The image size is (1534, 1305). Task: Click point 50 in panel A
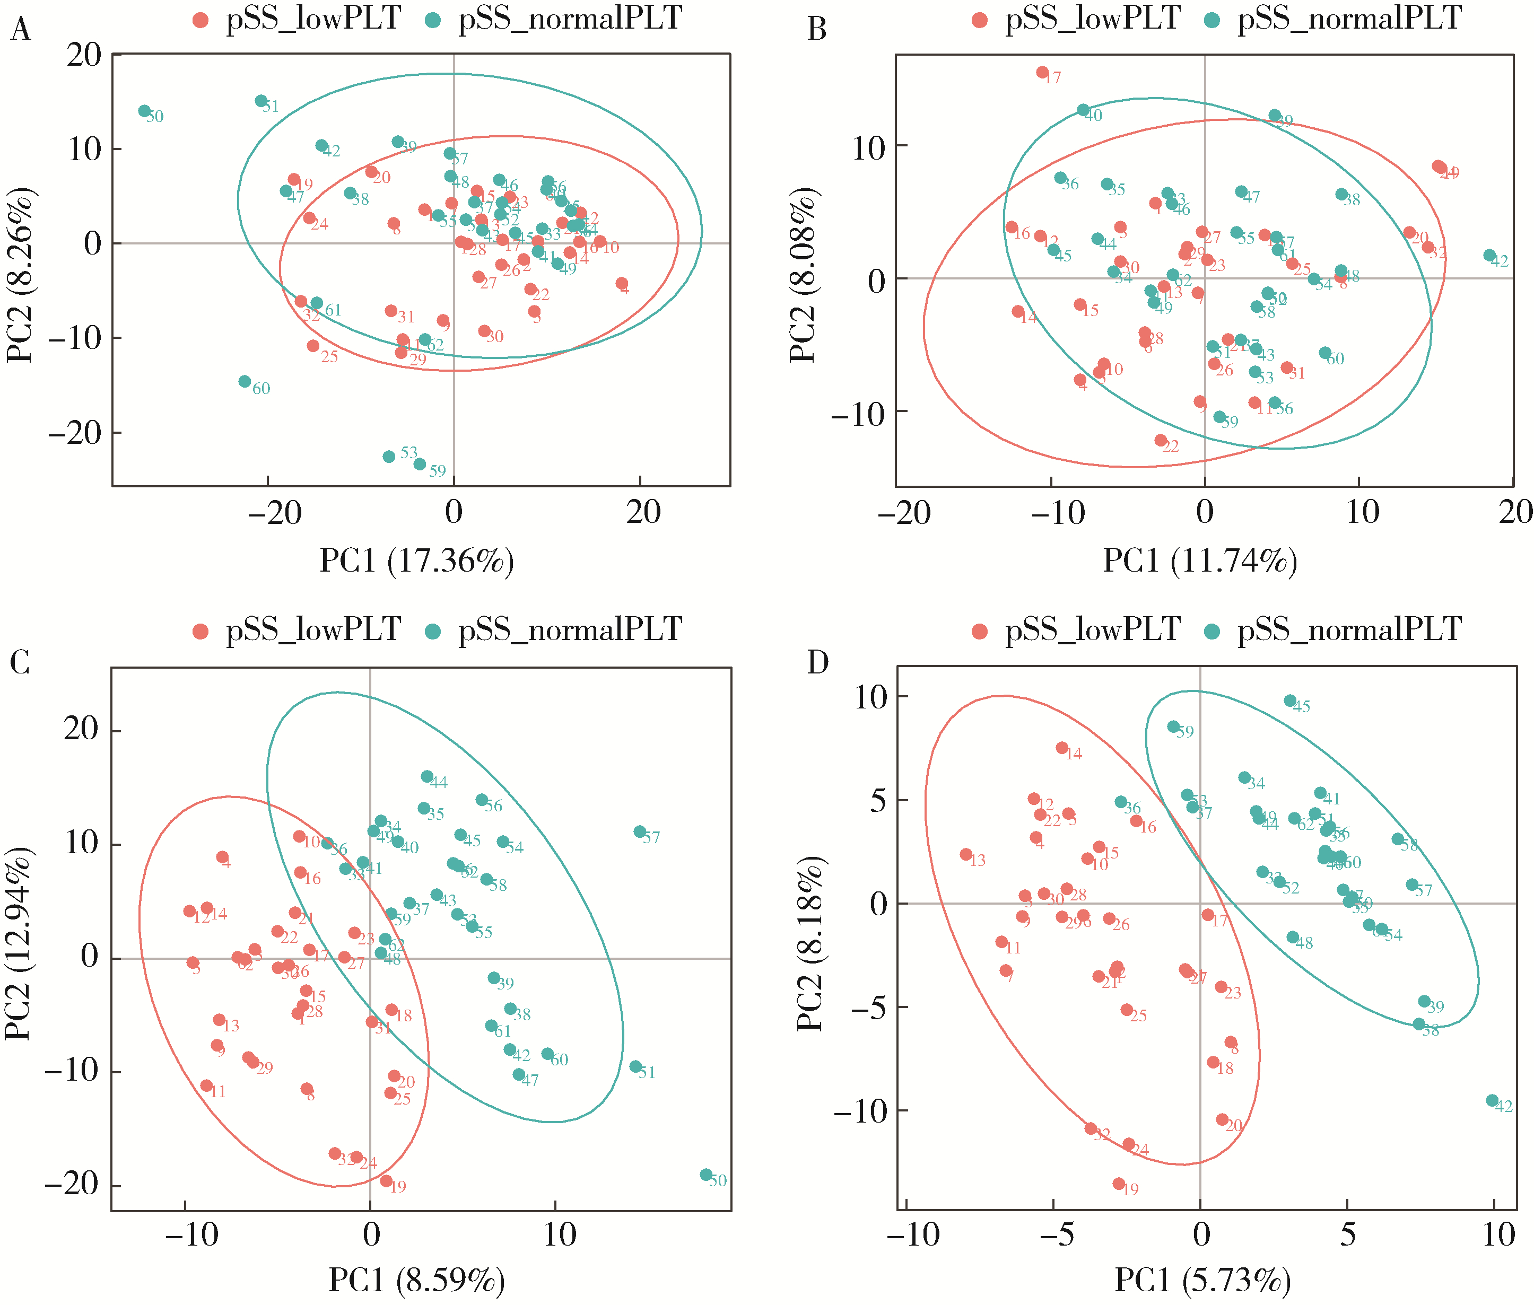pyautogui.click(x=144, y=111)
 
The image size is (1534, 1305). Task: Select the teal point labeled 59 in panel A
pyautogui.click(x=420, y=464)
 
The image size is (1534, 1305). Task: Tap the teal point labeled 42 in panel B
pyautogui.click(x=1489, y=255)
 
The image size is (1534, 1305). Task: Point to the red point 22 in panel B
pyautogui.click(x=1160, y=440)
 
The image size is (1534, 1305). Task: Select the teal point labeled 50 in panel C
pyautogui.click(x=706, y=1175)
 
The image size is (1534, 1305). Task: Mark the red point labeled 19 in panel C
pyautogui.click(x=386, y=1181)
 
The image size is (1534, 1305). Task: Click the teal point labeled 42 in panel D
pyautogui.click(x=1492, y=1101)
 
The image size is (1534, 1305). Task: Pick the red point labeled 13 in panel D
pyautogui.click(x=966, y=854)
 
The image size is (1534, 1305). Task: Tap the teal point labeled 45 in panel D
pyautogui.click(x=1290, y=700)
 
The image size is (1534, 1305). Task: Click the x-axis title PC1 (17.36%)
pyautogui.click(x=416, y=561)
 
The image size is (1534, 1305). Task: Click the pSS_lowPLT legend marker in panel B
pyautogui.click(x=980, y=20)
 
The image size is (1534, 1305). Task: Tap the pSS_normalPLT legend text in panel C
pyautogui.click(x=570, y=629)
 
